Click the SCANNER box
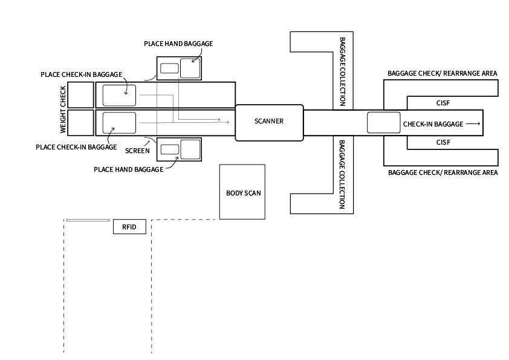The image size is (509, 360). pos(268,122)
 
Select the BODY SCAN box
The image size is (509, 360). pos(242,193)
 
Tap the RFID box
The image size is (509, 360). pos(129,227)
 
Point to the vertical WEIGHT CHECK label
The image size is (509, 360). pos(63,110)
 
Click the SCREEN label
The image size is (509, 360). pos(138,150)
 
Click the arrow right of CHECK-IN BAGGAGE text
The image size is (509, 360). pos(473,123)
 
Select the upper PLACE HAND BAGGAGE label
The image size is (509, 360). pos(178,44)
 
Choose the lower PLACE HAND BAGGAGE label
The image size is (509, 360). pos(128,169)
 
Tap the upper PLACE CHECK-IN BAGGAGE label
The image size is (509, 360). pos(82,74)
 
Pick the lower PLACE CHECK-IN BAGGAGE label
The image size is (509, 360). pos(76,146)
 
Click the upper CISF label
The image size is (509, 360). pos(444,103)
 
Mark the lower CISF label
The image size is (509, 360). pos(444,142)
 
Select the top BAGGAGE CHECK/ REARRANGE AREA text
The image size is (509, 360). pos(443,73)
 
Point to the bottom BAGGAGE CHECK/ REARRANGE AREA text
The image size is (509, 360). pos(443,172)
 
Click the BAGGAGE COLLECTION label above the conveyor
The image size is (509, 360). pos(342,71)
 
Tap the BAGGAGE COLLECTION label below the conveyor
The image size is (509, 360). pos(342,174)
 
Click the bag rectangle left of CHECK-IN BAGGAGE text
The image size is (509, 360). pos(384,123)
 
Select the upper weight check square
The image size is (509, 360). pos(80,94)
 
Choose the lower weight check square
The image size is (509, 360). pos(80,123)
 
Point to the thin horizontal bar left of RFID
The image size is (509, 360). pos(88,220)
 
